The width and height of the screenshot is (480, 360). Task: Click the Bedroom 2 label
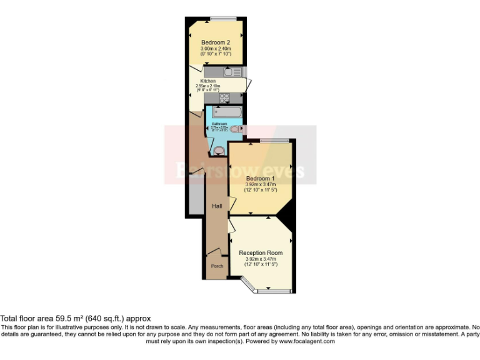(x=216, y=42)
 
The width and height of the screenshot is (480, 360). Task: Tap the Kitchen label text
(x=208, y=81)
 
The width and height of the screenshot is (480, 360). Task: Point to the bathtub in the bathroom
(x=224, y=112)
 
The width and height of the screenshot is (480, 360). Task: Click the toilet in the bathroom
(x=236, y=129)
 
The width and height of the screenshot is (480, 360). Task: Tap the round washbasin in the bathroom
(x=218, y=150)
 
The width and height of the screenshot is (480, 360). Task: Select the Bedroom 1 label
(x=260, y=178)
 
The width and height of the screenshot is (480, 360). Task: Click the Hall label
(x=217, y=206)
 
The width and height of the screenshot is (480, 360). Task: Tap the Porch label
(x=217, y=266)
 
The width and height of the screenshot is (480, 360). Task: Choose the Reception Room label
(x=261, y=252)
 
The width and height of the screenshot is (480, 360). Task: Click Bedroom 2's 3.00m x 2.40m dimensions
(x=216, y=49)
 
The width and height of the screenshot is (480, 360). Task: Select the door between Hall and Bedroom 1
(x=231, y=204)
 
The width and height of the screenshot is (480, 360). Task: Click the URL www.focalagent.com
(x=306, y=341)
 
